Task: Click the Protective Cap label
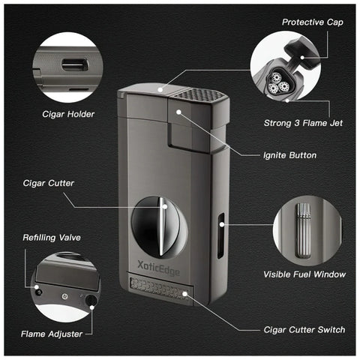[313, 22]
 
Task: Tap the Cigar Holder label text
[68, 114]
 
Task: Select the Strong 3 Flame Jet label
[303, 123]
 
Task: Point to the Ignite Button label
[289, 155]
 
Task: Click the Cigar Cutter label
[49, 183]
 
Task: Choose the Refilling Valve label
[52, 238]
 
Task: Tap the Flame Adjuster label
[52, 334]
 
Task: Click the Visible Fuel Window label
[304, 274]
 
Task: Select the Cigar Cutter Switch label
[304, 330]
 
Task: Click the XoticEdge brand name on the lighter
[158, 268]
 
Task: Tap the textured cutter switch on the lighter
[160, 289]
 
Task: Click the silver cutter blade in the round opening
[163, 226]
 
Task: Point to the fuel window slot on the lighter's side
[220, 235]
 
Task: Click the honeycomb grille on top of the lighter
[198, 95]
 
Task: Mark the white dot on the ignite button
[178, 112]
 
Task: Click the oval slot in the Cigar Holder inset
[75, 64]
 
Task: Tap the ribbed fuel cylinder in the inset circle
[304, 230]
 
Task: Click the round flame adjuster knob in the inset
[91, 299]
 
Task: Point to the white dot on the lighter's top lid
[160, 89]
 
